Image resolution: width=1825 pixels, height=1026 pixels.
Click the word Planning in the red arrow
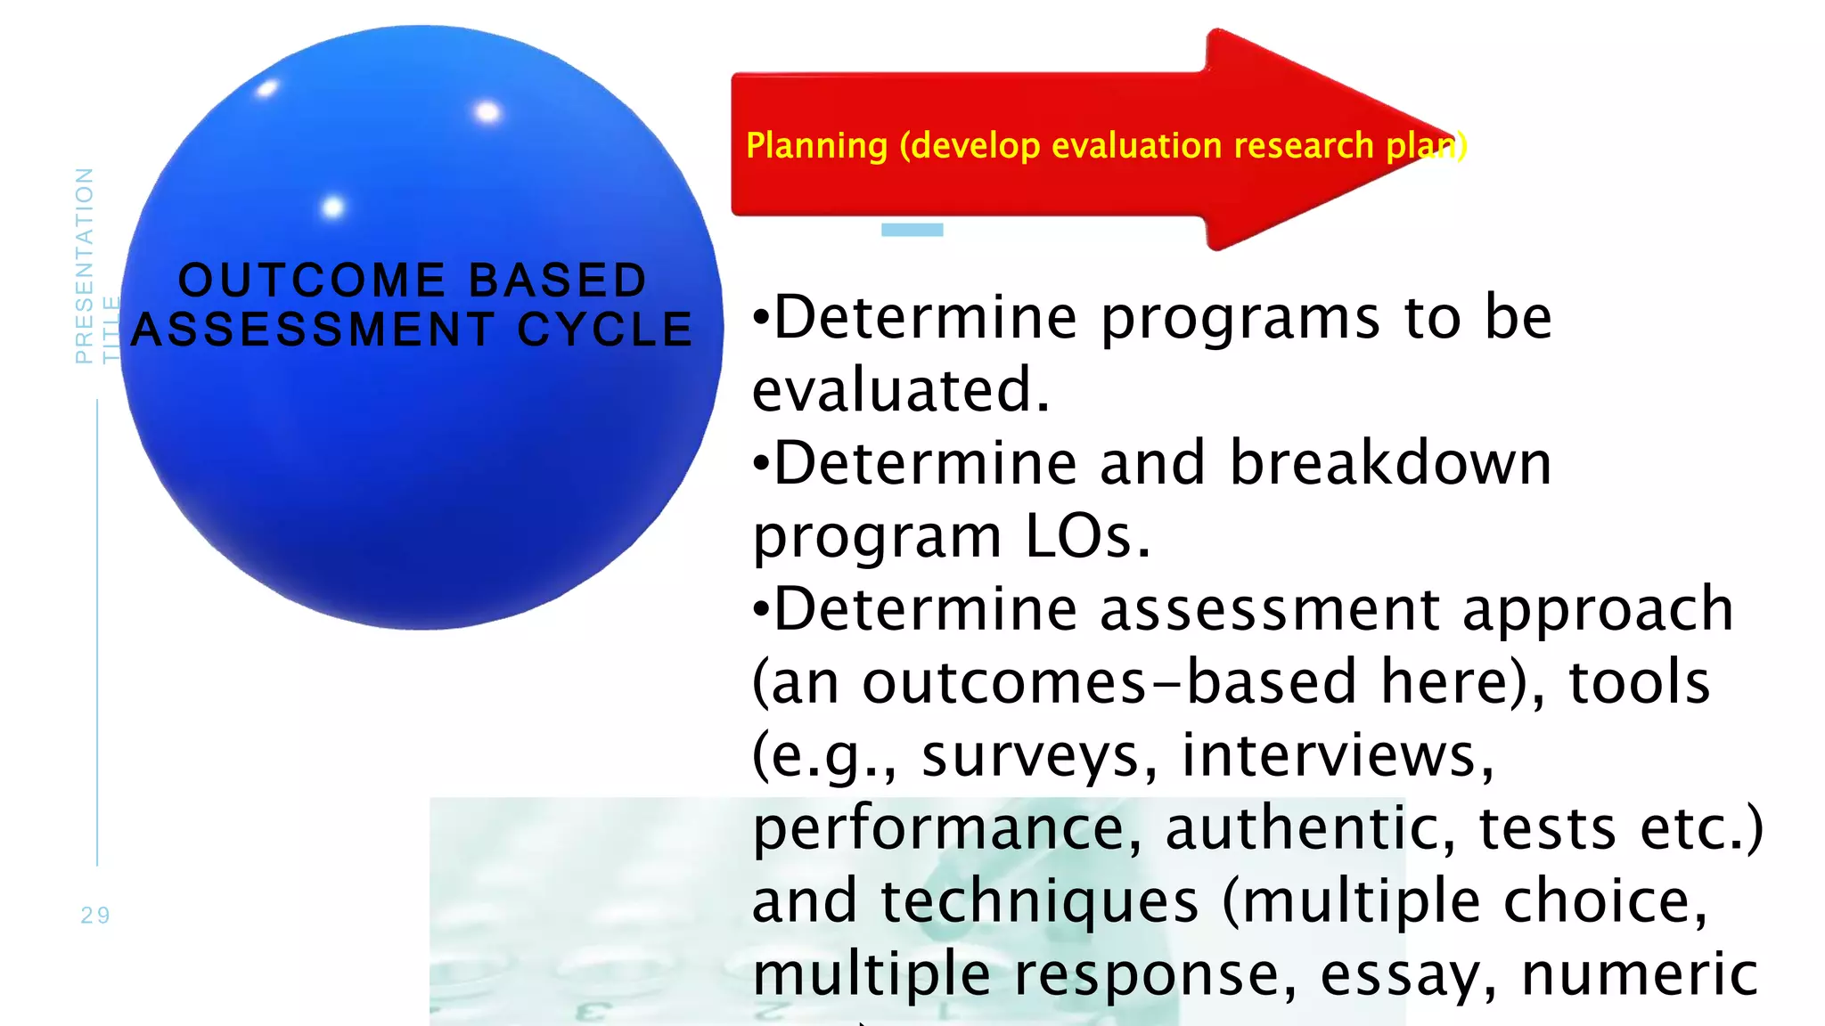[816, 146]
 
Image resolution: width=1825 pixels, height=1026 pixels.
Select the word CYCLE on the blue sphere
[605, 330]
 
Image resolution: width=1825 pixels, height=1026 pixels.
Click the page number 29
[95, 916]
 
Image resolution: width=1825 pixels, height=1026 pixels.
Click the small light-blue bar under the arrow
[912, 230]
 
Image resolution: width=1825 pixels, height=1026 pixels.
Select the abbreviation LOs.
[1087, 536]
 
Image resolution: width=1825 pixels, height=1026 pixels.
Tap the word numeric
[1640, 974]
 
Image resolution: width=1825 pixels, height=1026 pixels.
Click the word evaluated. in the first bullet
[900, 390]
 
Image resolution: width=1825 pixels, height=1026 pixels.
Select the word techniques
[1039, 901]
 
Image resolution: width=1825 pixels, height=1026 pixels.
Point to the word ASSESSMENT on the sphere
[312, 330]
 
